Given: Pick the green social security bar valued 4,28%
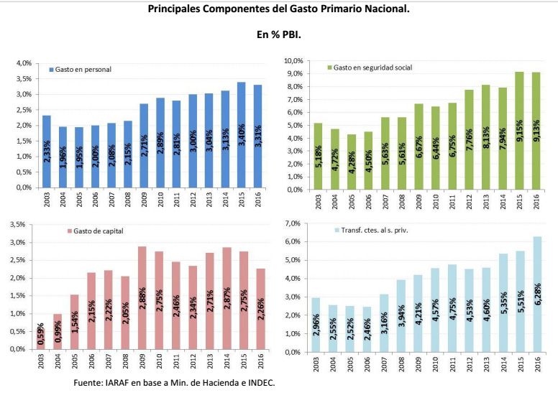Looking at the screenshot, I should click(x=352, y=162).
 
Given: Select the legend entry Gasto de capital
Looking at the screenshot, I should click(x=98, y=231).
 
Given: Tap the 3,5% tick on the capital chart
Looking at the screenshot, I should click(x=17, y=225).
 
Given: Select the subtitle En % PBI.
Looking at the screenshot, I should click(x=278, y=34).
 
